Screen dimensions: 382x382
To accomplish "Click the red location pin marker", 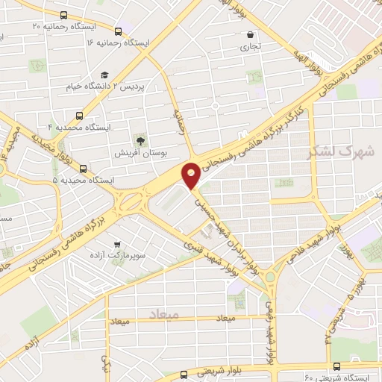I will (192, 175).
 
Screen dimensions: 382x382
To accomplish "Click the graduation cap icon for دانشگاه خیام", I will (104, 75).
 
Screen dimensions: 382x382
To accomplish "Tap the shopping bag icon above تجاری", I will (250, 34).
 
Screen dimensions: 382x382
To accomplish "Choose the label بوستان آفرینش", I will (141, 152).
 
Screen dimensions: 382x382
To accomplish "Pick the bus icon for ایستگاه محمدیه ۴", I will (78, 116).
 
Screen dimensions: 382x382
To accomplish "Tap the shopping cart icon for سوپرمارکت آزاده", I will (117, 244).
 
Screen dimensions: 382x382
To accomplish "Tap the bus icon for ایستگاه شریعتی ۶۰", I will (337, 366).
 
